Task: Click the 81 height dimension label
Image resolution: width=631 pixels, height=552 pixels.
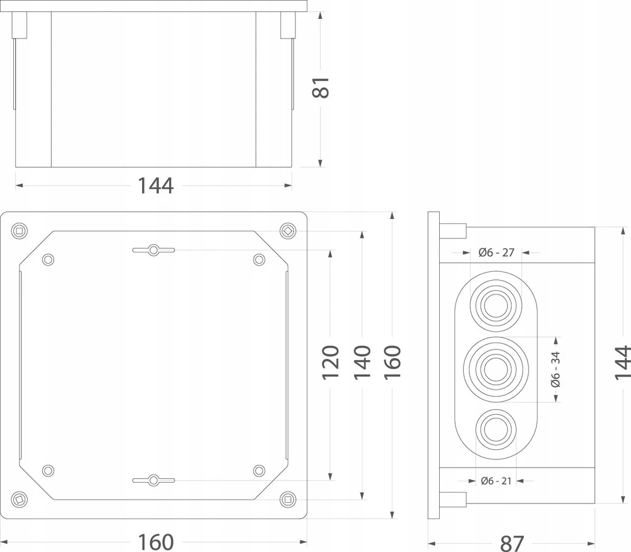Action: point(321,87)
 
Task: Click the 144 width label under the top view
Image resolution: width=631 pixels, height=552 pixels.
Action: point(156,186)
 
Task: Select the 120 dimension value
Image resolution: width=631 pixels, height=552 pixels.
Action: point(331,362)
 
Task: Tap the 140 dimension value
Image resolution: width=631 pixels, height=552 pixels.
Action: point(362,362)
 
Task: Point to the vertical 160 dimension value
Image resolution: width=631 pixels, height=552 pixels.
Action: point(392,362)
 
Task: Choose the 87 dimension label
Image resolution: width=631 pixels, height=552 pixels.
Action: point(512,543)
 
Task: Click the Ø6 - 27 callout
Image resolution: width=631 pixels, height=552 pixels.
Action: point(497,253)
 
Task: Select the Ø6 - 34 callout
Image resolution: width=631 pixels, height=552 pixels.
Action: point(555,369)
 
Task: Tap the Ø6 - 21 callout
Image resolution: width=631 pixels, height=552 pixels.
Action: point(496,481)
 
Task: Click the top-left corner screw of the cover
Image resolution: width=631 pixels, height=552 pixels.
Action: point(19,231)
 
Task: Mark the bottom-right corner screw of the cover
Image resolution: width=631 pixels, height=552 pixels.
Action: point(288,499)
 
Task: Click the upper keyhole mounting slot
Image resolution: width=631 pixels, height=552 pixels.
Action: point(153,250)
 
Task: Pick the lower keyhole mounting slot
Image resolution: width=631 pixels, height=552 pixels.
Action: point(153,480)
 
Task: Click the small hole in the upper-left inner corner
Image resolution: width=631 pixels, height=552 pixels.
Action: point(48,259)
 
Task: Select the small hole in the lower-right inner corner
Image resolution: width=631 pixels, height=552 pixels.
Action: point(259,471)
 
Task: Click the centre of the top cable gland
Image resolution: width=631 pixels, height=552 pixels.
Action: point(496,306)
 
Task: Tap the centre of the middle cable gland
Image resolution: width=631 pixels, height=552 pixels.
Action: point(496,369)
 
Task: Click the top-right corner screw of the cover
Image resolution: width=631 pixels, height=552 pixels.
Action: point(288,231)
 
